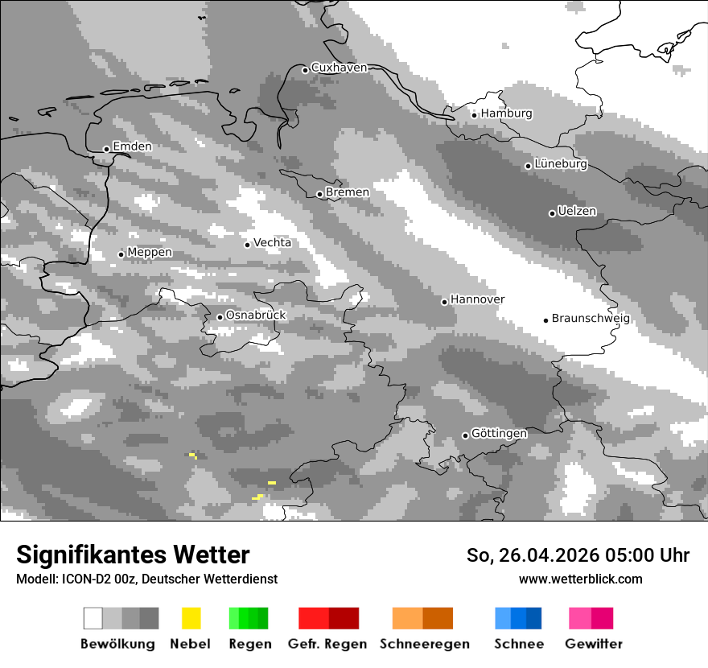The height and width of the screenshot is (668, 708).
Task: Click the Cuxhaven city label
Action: pyautogui.click(x=339, y=68)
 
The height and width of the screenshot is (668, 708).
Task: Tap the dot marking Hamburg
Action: pyautogui.click(x=475, y=115)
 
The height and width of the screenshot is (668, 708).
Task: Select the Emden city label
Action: pyautogui.click(x=132, y=146)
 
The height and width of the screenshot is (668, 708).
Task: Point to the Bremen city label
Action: pyautogui.click(x=348, y=192)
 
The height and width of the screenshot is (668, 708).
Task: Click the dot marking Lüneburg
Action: pyautogui.click(x=529, y=166)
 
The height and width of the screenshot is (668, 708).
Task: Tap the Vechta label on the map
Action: pyautogui.click(x=272, y=242)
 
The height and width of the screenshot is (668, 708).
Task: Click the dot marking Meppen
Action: pyautogui.click(x=121, y=254)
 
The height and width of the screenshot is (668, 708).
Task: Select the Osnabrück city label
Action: pyautogui.click(x=256, y=315)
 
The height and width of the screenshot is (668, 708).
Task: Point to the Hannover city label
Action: pyautogui.click(x=477, y=299)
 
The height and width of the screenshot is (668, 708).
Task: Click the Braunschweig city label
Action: pyautogui.click(x=591, y=318)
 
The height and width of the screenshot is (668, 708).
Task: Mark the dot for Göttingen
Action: pyautogui.click(x=465, y=435)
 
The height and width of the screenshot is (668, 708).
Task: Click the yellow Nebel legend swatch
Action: pyautogui.click(x=191, y=618)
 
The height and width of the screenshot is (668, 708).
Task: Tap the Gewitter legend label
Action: pyautogui.click(x=594, y=644)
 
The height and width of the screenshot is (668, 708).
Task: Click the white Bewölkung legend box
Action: pyautogui.click(x=93, y=618)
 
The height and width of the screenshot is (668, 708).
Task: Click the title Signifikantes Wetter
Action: pyautogui.click(x=133, y=555)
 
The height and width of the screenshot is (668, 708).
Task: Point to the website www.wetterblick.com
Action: pyautogui.click(x=580, y=579)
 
